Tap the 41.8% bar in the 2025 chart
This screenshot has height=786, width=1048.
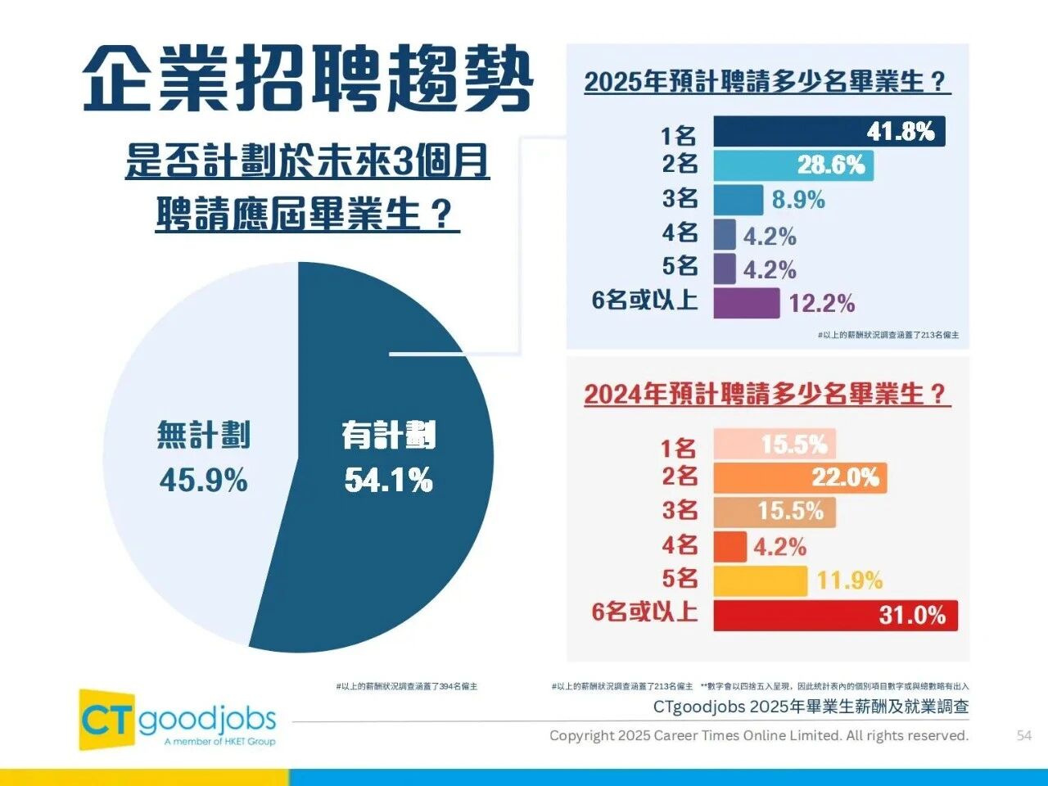click(x=829, y=132)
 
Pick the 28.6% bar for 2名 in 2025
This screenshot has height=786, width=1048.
click(x=793, y=165)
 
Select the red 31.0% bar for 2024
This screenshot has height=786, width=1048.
click(x=835, y=616)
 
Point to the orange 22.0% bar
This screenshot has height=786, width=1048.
click(x=799, y=477)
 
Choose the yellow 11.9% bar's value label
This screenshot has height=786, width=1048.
click(x=850, y=581)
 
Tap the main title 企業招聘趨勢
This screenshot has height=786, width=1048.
click(x=308, y=79)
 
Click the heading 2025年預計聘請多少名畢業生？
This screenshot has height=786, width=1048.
click(x=766, y=82)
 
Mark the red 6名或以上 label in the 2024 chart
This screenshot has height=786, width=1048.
click(x=644, y=612)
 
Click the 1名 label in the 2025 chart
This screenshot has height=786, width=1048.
click(x=680, y=133)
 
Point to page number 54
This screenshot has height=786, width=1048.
click(x=1023, y=735)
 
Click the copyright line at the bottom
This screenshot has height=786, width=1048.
click(x=758, y=735)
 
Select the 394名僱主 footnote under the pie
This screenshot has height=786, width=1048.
click(x=406, y=686)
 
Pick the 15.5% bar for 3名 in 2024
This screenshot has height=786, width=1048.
click(x=774, y=512)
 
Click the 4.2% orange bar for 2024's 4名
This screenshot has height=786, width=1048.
click(x=730, y=547)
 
